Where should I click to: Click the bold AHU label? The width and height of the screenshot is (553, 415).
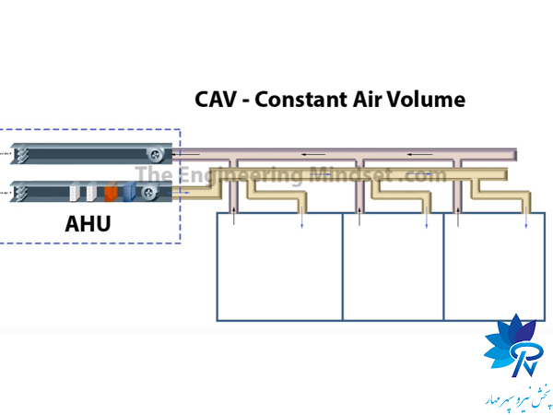coord(95,222)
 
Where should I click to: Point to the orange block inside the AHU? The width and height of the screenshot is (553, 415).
coord(111,193)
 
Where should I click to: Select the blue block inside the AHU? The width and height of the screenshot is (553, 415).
coord(129,193)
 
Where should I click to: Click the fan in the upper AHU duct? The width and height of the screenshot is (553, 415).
coord(158,153)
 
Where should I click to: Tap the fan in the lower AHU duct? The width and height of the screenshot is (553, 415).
coord(147,192)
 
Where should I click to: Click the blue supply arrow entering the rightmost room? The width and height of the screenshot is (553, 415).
coord(526,219)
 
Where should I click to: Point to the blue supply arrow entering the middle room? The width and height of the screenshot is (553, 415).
coord(425,219)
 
